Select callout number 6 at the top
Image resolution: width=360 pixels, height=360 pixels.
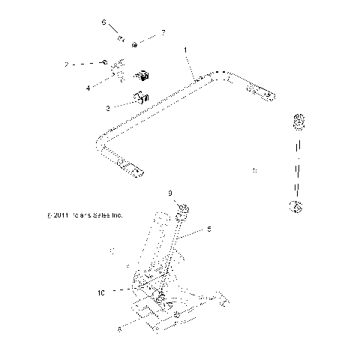104,23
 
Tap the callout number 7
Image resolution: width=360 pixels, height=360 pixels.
163,34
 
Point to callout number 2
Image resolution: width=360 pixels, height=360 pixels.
66,65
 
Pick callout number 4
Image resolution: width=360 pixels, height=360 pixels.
88,88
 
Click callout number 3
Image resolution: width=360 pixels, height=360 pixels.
108,109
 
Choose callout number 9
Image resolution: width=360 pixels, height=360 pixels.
170,193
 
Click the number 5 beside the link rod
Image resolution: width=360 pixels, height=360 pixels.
209,230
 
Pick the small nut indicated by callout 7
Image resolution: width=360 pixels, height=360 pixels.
133,44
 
